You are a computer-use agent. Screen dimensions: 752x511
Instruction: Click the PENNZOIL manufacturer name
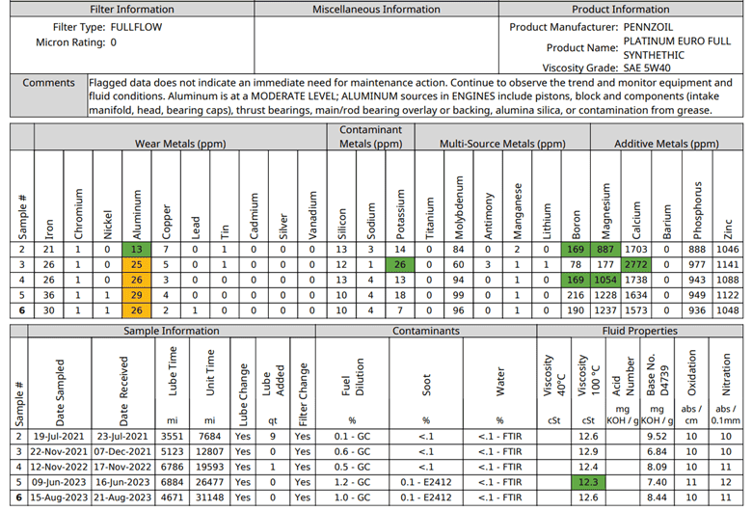tap(648, 27)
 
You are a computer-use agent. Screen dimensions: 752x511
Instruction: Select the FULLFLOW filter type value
tap(136, 27)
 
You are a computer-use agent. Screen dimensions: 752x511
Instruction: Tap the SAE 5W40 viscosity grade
tap(647, 67)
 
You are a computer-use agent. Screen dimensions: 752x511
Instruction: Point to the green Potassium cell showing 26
tap(400, 264)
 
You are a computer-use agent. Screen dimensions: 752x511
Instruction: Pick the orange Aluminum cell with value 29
tap(137, 295)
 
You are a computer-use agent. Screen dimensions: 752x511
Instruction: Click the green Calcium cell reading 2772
tap(636, 264)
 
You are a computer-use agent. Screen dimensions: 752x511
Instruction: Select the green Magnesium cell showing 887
tap(605, 249)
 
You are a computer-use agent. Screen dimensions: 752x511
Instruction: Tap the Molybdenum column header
tap(459, 207)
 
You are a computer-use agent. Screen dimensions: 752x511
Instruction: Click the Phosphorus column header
tap(697, 210)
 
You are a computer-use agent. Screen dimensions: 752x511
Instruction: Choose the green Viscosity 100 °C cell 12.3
tap(588, 482)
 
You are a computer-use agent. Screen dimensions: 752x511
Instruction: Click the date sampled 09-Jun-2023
tap(59, 482)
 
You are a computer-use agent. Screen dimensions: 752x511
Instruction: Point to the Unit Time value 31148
tap(209, 498)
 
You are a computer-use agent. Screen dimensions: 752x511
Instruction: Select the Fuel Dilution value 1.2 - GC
tap(353, 482)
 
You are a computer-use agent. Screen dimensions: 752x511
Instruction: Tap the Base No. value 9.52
tap(657, 436)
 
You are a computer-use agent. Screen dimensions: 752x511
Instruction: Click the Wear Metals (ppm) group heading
tap(180, 144)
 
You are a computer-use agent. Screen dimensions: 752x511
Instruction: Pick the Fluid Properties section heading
tap(640, 331)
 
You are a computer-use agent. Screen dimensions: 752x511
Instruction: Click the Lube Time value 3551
tap(173, 436)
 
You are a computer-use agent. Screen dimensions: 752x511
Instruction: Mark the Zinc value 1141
tap(728, 264)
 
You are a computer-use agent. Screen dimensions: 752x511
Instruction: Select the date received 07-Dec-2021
tap(122, 451)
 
